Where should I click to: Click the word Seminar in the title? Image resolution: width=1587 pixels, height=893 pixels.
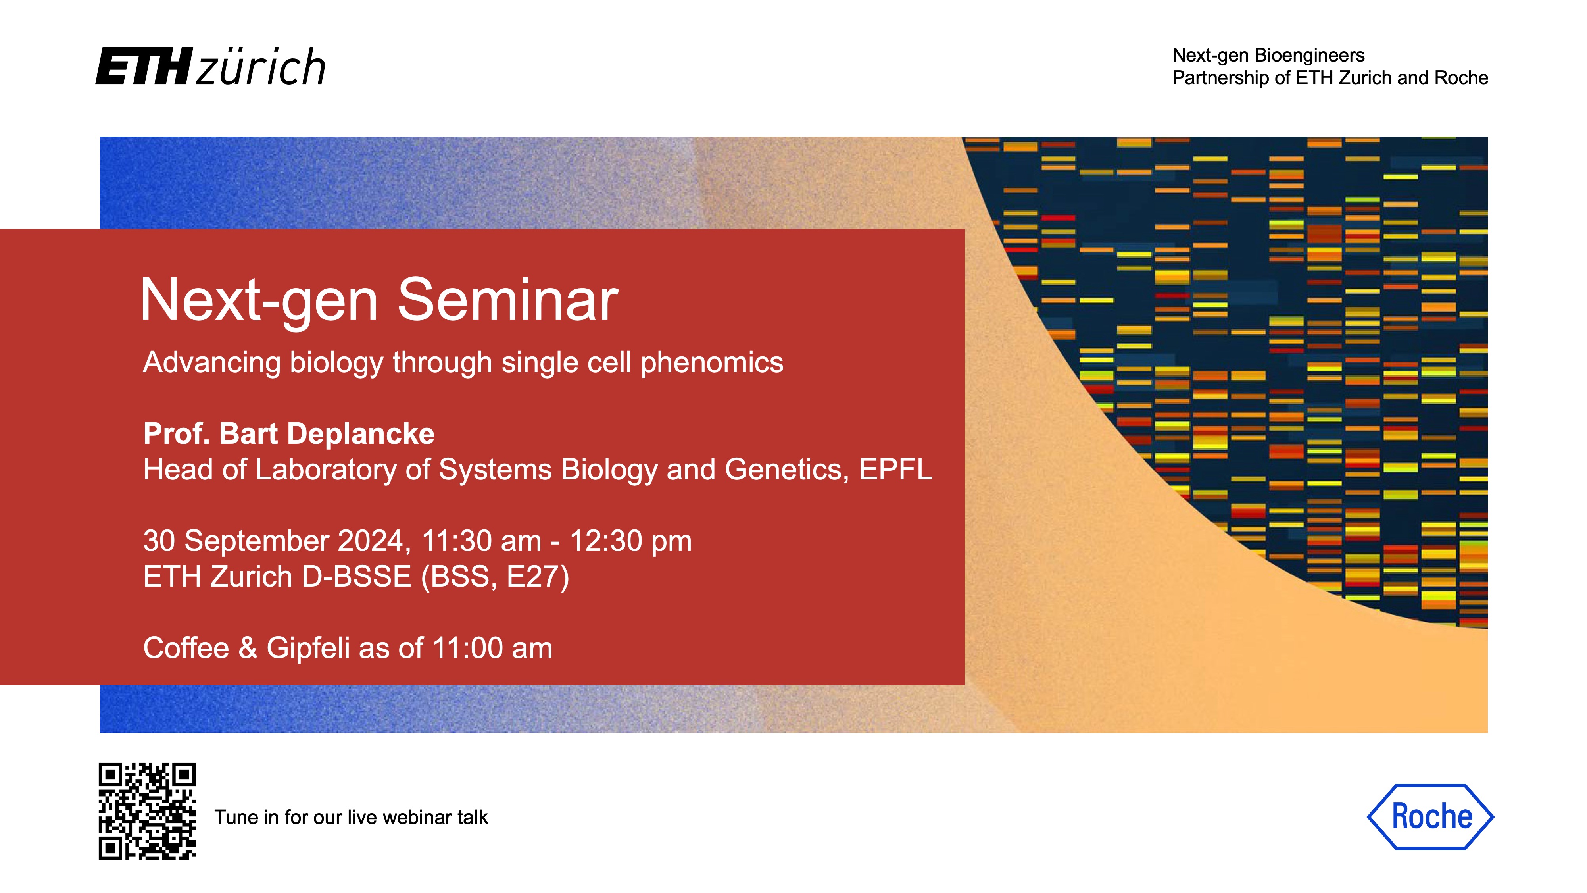[x=508, y=300]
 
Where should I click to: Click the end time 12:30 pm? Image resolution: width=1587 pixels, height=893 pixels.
[x=631, y=541]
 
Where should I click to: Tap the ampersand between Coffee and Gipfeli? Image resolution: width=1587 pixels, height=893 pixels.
[x=248, y=649]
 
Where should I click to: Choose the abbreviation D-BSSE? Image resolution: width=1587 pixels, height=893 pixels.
[x=356, y=577]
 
